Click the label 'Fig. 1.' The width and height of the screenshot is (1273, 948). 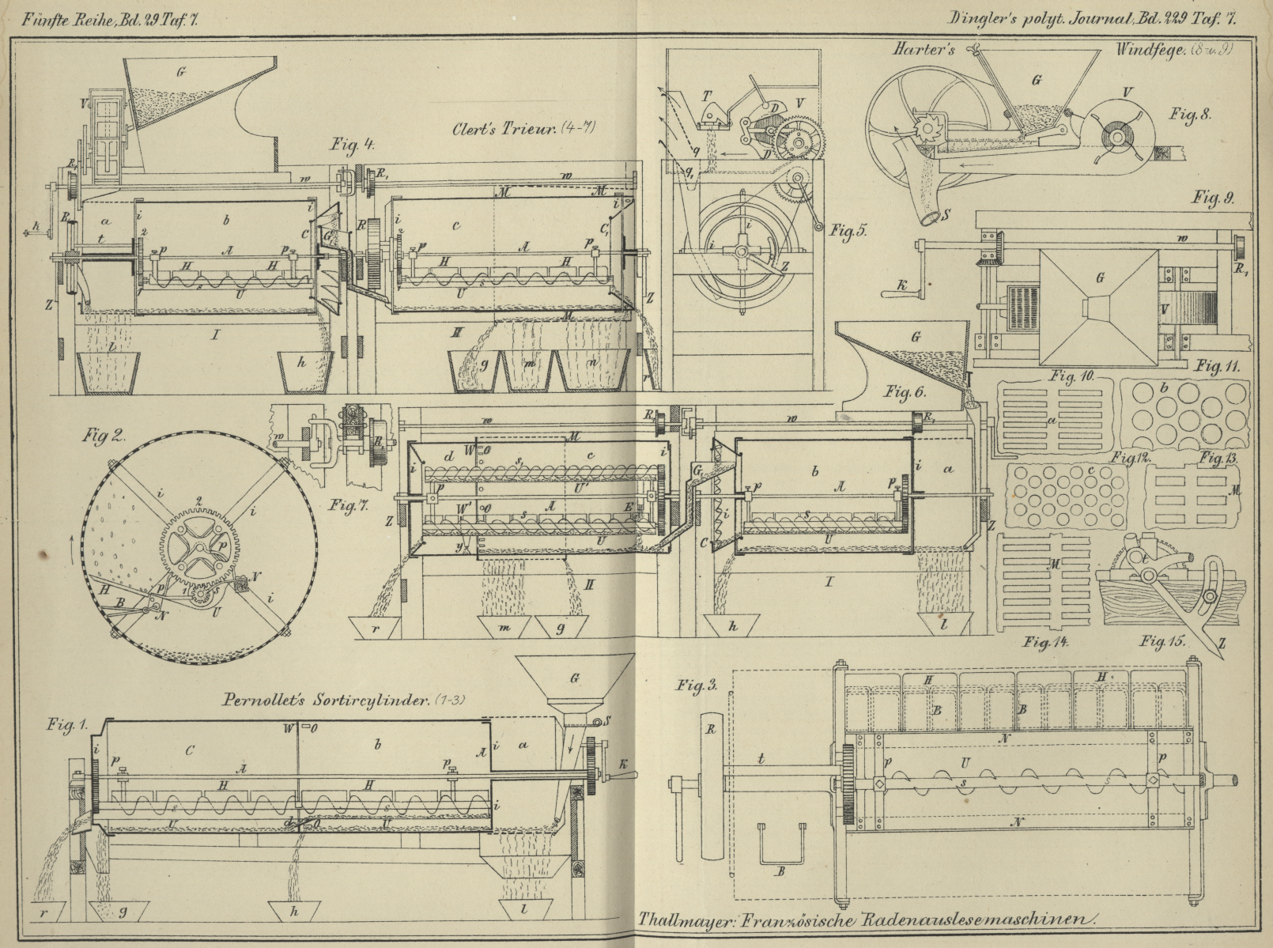point(67,725)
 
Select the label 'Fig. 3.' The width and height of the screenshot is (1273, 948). point(697,684)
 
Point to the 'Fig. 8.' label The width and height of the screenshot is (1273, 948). point(1190,114)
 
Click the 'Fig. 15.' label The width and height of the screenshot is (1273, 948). point(1162,641)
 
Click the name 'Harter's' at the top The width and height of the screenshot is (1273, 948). point(924,50)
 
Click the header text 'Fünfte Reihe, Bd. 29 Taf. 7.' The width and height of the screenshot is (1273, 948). point(110,21)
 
